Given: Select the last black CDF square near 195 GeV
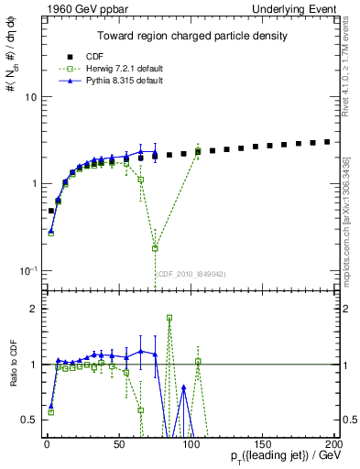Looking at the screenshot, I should [327, 142].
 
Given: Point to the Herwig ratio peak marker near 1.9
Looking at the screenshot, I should [169, 318].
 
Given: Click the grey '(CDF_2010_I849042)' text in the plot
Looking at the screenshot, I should [191, 274].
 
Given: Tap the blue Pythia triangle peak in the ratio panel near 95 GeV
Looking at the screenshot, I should [184, 387].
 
